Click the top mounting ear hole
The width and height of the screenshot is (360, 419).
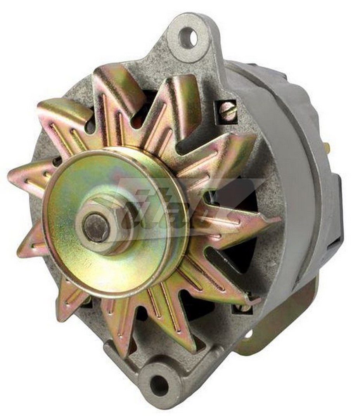point(188,38)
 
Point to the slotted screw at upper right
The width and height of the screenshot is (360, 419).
point(228,111)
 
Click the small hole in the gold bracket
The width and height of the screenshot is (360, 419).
point(249,334)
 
